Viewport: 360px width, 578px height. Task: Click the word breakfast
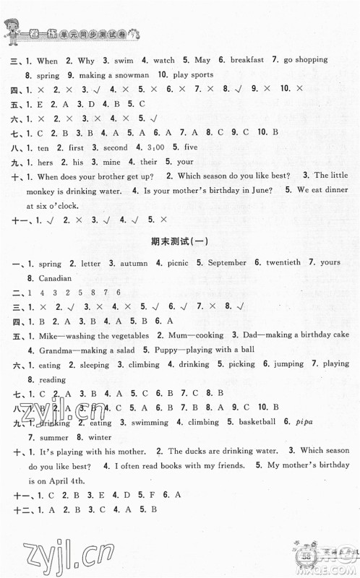[x=250, y=61]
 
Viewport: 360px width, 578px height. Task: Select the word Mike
[x=46, y=335]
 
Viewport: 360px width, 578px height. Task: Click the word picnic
[x=169, y=262]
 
